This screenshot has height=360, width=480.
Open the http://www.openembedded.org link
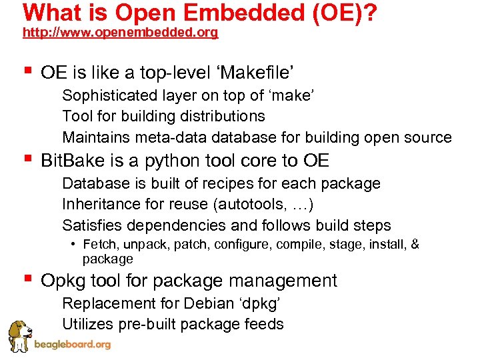point(120,33)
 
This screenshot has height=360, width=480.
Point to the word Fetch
point(99,245)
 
